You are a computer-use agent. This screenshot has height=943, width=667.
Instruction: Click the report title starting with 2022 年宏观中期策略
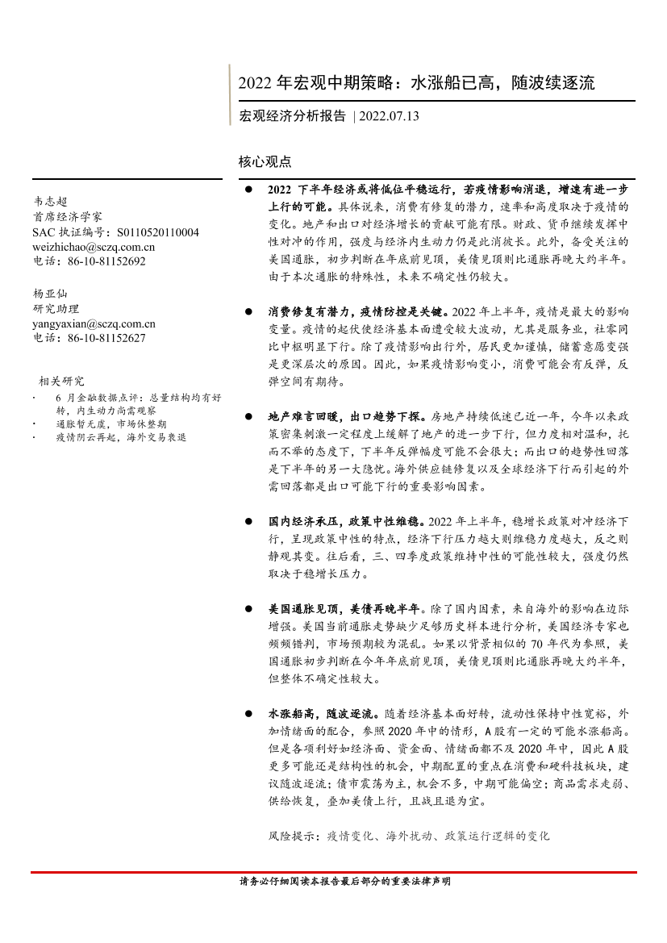(x=416, y=83)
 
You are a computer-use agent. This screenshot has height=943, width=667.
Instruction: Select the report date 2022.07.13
(x=390, y=116)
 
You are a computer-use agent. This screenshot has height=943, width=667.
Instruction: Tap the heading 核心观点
(x=265, y=161)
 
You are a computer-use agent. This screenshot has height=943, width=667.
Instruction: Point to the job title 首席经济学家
(x=68, y=217)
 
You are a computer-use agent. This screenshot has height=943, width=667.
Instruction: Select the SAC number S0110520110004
(x=158, y=232)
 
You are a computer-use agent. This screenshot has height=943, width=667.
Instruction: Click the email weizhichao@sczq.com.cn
(x=93, y=247)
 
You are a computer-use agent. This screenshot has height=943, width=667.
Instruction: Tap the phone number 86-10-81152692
(x=107, y=261)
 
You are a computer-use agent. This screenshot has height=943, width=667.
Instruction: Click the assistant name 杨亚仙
(x=50, y=294)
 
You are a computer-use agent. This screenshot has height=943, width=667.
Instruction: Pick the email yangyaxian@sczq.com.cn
(x=94, y=323)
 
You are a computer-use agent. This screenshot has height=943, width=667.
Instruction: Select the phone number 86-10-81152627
(x=107, y=338)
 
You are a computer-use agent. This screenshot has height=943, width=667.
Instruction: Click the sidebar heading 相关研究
(x=61, y=381)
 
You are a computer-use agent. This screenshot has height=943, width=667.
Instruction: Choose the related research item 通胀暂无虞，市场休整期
(x=111, y=424)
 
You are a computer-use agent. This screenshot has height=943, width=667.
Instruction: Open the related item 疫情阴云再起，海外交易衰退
(x=121, y=436)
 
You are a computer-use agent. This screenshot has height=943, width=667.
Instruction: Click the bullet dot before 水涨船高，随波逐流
(x=249, y=714)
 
